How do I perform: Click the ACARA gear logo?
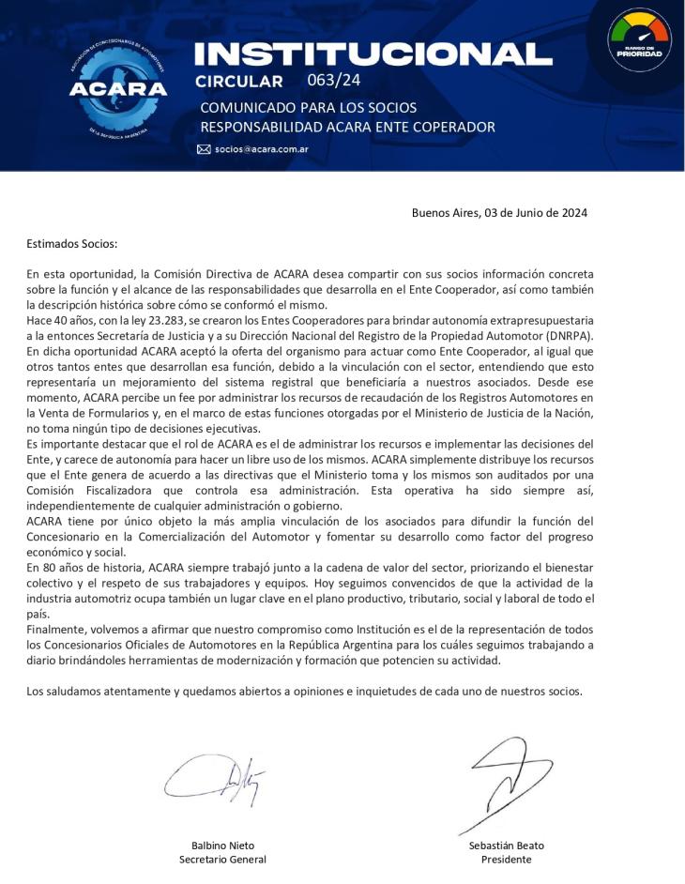(x=117, y=87)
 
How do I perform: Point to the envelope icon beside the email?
(x=204, y=149)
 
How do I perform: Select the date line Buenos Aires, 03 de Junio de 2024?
(x=499, y=213)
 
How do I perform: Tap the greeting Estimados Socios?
(x=72, y=244)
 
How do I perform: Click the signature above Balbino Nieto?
(x=215, y=779)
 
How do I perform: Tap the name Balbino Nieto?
(x=222, y=845)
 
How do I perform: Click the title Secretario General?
(x=222, y=859)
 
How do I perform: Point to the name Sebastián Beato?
(x=506, y=845)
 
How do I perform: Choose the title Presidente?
(x=506, y=859)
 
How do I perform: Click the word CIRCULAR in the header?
(x=239, y=81)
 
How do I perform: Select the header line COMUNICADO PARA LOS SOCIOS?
(x=308, y=107)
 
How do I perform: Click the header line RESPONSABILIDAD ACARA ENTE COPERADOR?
(x=347, y=127)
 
